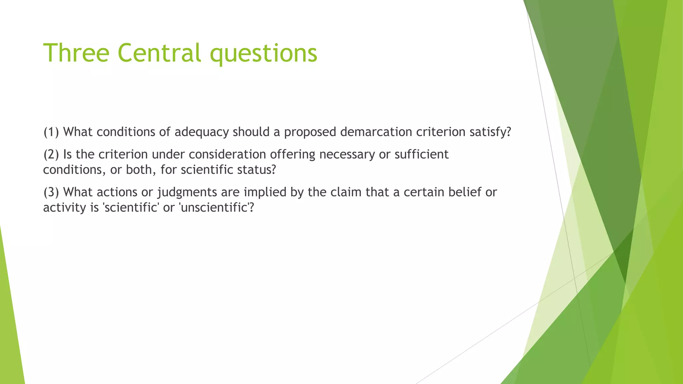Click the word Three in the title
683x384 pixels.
pos(76,53)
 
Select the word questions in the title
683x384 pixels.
pos(263,53)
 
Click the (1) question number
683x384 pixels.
pos(51,132)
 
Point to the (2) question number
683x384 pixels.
pos(51,154)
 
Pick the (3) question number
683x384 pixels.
pos(51,192)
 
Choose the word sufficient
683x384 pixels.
pos(422,154)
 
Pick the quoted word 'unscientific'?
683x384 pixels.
pos(216,207)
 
